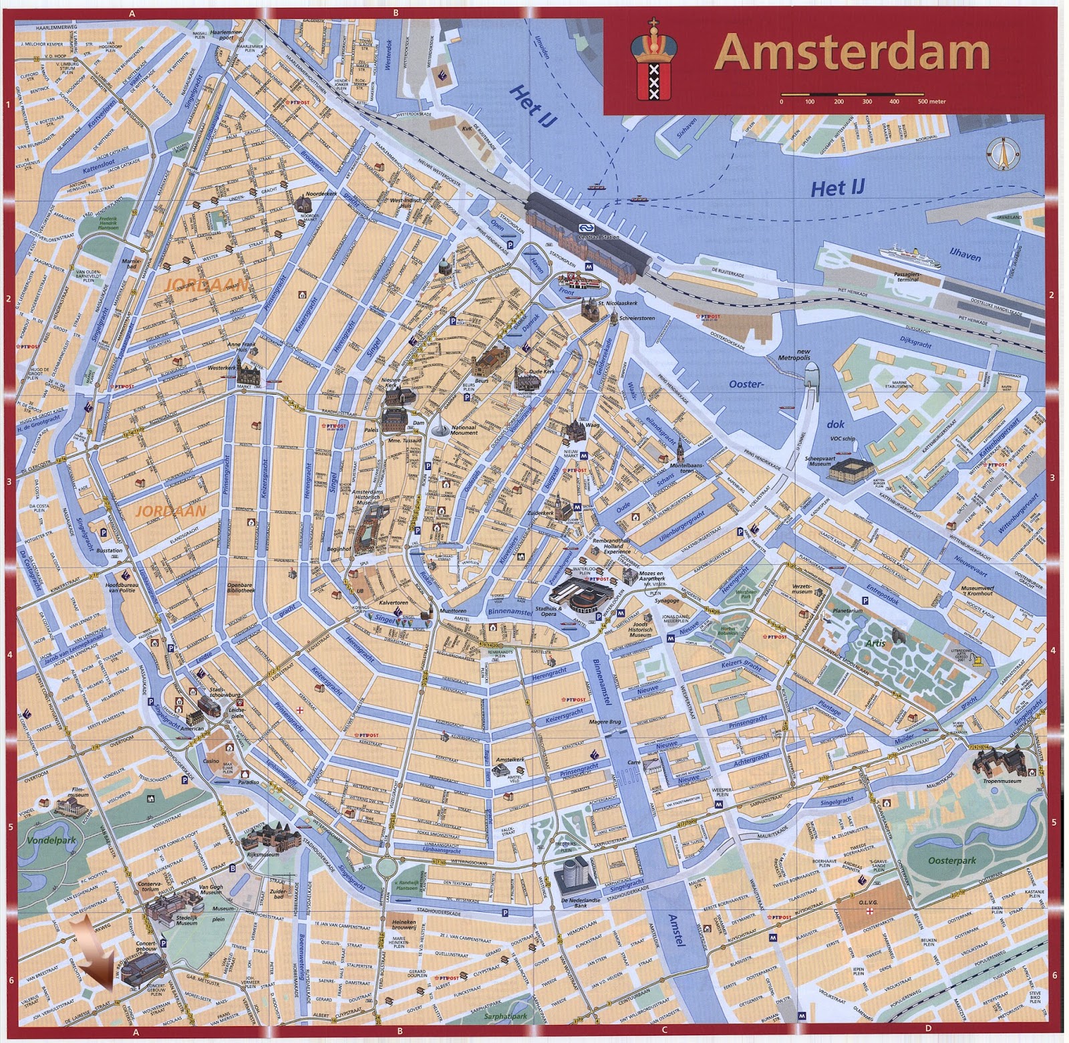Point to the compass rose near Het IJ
(x=1001, y=153)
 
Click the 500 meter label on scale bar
(x=931, y=102)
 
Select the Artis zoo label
(x=875, y=643)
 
